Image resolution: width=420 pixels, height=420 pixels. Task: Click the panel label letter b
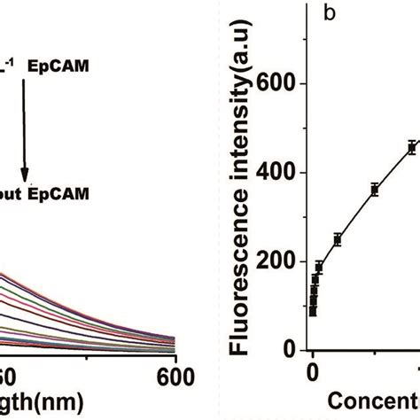tap(329, 16)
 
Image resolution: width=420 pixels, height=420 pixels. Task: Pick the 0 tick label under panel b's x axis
tap(313, 373)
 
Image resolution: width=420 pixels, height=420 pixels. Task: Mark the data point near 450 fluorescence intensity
tap(411, 148)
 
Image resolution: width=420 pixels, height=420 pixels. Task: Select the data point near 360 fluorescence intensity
tap(375, 189)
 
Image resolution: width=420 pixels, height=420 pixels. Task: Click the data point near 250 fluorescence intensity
tap(338, 239)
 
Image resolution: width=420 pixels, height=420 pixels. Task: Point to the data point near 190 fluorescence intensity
tap(319, 266)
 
